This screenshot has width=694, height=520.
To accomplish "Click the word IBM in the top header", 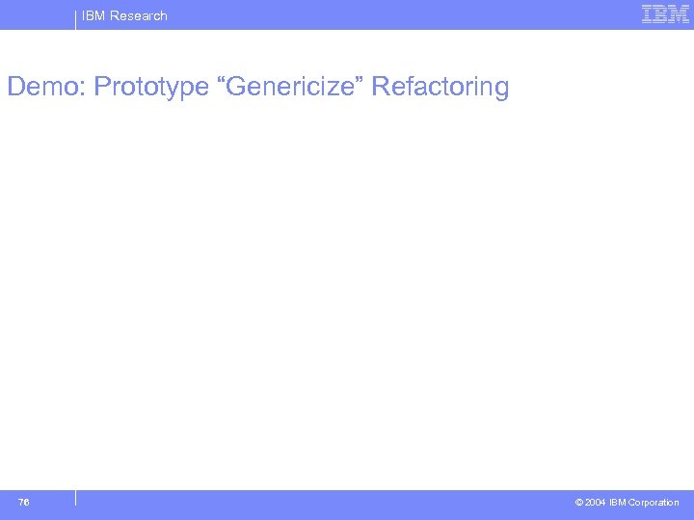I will click(x=93, y=15).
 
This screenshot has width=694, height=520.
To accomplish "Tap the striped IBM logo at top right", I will click(x=665, y=14).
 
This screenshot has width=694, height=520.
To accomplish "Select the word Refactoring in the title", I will click(x=440, y=87).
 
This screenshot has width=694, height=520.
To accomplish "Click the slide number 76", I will click(x=23, y=502).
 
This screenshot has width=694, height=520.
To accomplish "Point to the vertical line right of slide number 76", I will click(x=75, y=498).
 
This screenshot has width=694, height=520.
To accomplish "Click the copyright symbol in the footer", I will click(x=578, y=503).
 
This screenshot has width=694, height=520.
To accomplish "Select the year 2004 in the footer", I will click(x=596, y=503).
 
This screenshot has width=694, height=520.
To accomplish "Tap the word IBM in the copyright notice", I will click(x=619, y=503).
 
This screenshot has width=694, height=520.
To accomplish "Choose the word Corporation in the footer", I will click(x=654, y=503).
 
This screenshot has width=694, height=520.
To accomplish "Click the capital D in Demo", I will click(x=15, y=87).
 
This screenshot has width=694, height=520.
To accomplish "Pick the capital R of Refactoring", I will click(x=379, y=87).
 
